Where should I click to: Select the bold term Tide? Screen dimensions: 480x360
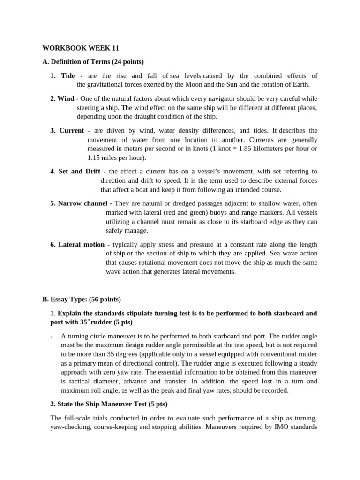[68, 76]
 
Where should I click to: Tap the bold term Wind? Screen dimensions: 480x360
[66, 98]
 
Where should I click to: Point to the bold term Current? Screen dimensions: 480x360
[72, 131]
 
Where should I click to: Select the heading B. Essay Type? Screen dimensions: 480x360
[68, 299]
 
